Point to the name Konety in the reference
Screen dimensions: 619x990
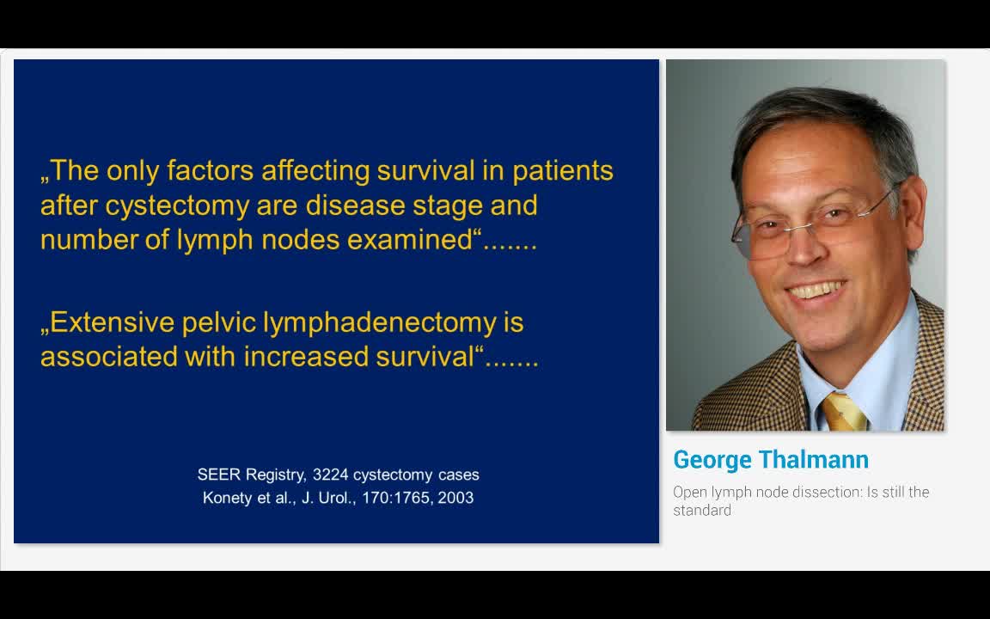(227, 498)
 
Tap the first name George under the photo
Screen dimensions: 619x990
(712, 461)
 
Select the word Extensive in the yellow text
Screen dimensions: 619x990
(107, 322)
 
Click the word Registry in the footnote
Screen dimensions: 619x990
(276, 475)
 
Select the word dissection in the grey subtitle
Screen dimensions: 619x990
(797, 493)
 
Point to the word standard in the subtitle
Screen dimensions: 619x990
(702, 511)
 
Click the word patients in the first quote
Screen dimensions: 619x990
(563, 171)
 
